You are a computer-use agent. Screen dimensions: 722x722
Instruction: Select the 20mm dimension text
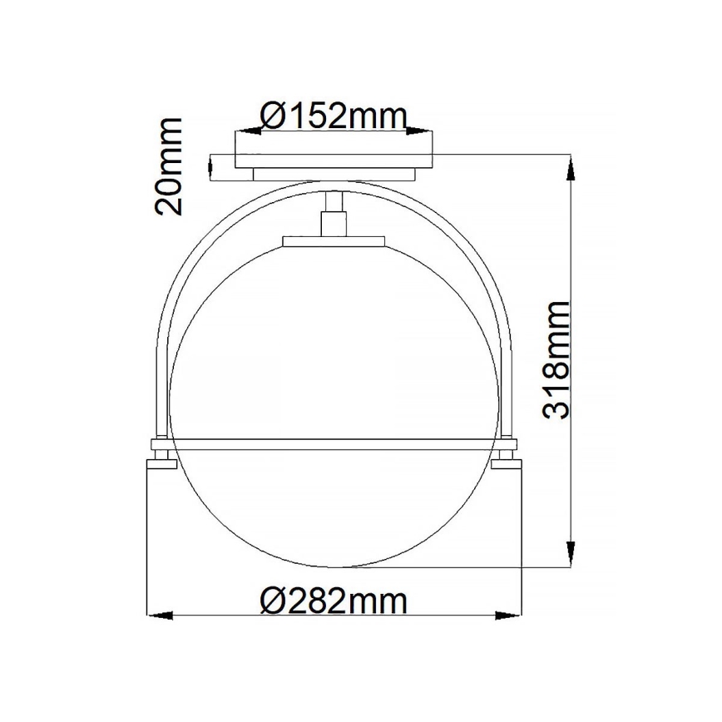(x=169, y=166)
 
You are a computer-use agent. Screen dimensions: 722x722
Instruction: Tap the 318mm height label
(x=555, y=359)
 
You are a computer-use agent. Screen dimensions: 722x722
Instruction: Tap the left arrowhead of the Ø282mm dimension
(x=160, y=616)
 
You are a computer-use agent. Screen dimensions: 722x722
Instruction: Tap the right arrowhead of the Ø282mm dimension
(x=510, y=616)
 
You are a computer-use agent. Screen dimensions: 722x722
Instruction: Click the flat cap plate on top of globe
(x=334, y=242)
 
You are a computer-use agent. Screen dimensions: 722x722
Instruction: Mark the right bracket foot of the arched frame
(x=506, y=454)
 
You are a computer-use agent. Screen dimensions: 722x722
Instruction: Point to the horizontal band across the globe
(x=333, y=438)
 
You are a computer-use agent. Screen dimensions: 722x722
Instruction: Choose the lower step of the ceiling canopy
(x=334, y=174)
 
